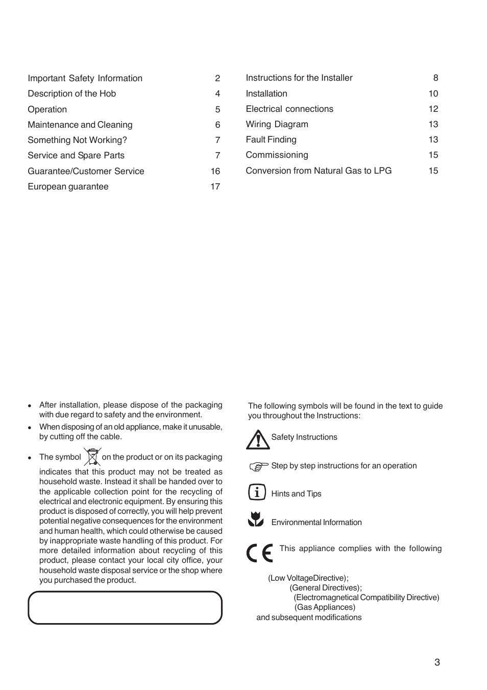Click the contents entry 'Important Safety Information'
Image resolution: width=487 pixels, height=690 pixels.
tap(85, 78)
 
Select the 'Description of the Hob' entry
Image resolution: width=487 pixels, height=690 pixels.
tap(71, 93)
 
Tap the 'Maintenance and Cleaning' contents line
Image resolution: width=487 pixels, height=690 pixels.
tap(80, 125)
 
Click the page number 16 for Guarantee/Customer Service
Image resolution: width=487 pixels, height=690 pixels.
tap(215, 171)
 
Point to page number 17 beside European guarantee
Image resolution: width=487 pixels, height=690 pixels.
tap(215, 186)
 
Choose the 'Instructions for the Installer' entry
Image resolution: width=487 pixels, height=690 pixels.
tap(299, 78)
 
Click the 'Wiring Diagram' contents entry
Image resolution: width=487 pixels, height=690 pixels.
tap(277, 124)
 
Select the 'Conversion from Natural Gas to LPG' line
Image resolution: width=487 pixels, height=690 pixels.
tap(319, 171)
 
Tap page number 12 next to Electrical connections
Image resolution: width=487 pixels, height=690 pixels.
tap(433, 109)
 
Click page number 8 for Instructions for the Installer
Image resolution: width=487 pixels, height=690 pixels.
tap(435, 78)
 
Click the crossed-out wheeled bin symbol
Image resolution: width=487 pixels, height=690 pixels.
tap(92, 457)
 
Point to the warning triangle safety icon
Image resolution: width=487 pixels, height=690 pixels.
tap(257, 440)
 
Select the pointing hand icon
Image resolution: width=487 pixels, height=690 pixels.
tap(259, 466)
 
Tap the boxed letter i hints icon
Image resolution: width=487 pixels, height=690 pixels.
tap(257, 492)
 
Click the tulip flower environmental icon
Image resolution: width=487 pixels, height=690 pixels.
tap(256, 519)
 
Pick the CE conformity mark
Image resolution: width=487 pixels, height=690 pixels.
tap(259, 553)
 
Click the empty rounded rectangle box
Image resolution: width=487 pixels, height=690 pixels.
tap(125, 608)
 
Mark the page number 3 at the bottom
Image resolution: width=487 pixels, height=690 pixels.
tap(436, 662)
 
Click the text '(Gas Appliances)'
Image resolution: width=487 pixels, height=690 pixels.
tap(325, 607)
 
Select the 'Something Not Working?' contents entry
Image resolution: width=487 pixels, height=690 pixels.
tap(77, 140)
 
